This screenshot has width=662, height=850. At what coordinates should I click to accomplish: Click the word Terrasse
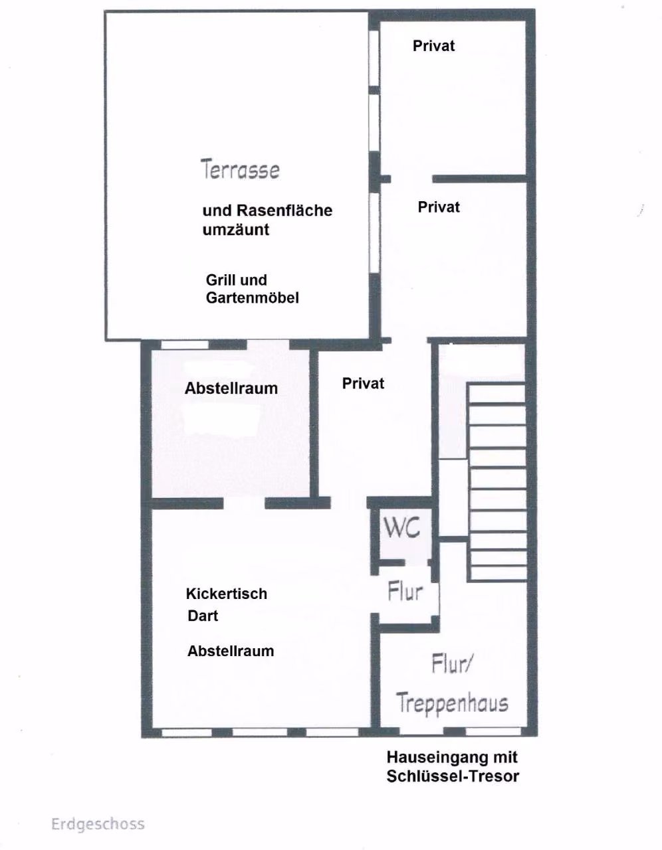click(241, 169)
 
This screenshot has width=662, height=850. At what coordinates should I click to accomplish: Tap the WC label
click(402, 527)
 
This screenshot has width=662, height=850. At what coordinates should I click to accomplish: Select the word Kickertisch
click(227, 594)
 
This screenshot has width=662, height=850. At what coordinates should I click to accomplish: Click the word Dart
click(203, 616)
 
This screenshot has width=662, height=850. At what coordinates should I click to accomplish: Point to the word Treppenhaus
click(452, 703)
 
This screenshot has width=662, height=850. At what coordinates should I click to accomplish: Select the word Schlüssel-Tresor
click(453, 776)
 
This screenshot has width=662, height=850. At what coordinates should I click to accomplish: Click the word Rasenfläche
click(284, 211)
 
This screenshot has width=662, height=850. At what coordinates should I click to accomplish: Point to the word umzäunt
click(236, 230)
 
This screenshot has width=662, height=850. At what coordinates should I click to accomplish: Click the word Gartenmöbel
click(253, 298)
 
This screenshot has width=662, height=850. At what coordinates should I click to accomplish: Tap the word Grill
click(217, 280)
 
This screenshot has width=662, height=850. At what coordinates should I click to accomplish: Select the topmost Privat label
click(434, 46)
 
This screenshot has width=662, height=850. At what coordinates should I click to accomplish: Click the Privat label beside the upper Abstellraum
click(364, 384)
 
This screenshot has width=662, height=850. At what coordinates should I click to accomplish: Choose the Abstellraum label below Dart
click(231, 651)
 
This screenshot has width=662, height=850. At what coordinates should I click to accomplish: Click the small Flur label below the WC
click(405, 592)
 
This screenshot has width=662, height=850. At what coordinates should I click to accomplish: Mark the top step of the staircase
click(497, 394)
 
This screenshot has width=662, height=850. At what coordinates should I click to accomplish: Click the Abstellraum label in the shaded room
click(231, 389)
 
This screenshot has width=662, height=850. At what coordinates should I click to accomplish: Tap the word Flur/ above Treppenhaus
click(453, 664)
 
